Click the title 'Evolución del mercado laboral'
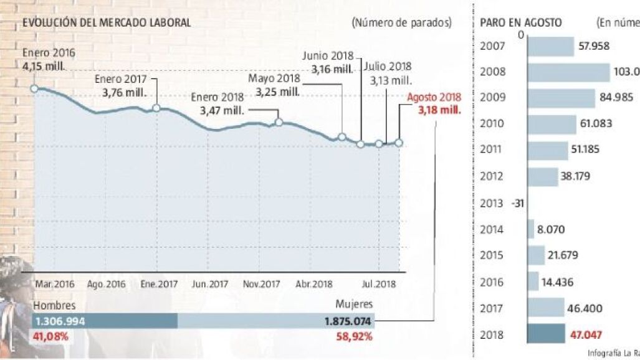click(107, 23)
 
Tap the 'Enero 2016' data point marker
click(34, 88)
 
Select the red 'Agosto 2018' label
click(434, 98)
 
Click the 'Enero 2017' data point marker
click(156, 108)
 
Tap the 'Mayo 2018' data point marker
click(279, 122)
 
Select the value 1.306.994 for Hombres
click(59, 321)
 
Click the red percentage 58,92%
click(355, 337)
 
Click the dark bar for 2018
click(546, 334)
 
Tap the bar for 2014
click(531, 229)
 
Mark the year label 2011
click(492, 149)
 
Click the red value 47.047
click(586, 334)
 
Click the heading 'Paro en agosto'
click(521, 23)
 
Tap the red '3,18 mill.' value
click(439, 110)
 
